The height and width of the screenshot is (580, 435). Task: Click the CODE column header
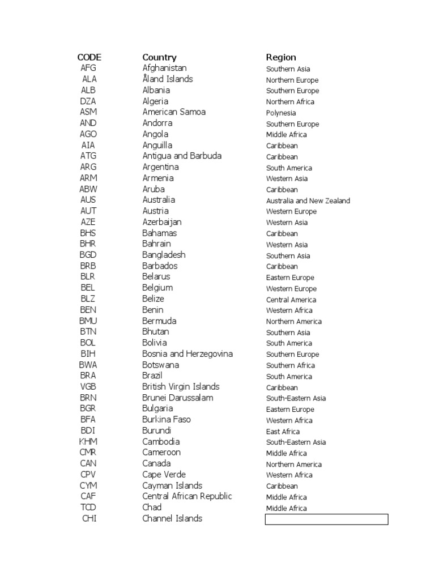click(89, 57)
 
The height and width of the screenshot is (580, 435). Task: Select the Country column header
click(159, 57)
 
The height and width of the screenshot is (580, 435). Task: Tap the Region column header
click(281, 57)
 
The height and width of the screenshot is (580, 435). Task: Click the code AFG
click(88, 69)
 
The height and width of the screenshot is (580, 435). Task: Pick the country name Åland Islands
click(167, 79)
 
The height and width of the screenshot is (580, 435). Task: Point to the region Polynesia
click(281, 113)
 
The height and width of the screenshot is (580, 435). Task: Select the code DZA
click(88, 101)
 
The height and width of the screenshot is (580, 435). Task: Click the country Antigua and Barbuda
click(182, 156)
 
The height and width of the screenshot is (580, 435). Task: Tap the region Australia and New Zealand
click(308, 201)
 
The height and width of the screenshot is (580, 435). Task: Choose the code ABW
click(88, 189)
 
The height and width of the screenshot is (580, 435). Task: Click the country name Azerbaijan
click(162, 222)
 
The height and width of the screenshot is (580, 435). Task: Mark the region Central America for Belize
click(291, 300)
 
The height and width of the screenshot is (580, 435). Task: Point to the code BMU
click(88, 321)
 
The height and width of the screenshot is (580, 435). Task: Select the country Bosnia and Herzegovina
click(187, 354)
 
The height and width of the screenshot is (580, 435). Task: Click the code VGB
click(88, 387)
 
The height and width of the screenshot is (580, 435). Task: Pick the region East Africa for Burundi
click(283, 432)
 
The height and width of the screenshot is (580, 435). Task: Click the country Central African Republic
click(187, 497)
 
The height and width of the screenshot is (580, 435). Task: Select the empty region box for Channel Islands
click(326, 519)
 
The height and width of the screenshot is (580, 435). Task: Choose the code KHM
click(88, 442)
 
